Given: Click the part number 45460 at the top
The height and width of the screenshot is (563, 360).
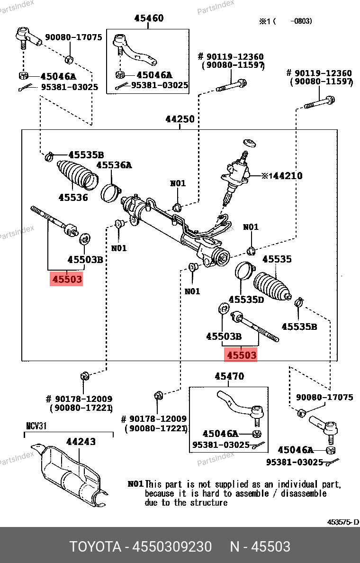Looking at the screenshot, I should coord(149,18).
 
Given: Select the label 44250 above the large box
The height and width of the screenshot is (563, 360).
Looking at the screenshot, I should coord(180,119).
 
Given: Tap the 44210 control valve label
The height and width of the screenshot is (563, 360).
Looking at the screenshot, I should coord(284,176).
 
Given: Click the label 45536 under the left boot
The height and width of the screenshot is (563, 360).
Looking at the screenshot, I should coord(73,197).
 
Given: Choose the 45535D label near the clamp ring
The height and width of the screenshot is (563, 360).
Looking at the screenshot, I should coord(246,300).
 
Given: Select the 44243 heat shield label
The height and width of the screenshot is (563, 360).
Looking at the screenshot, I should coord(81,442).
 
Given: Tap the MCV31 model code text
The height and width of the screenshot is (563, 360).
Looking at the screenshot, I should coord(36,426).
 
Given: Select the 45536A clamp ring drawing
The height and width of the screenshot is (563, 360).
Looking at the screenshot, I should coord(111,193).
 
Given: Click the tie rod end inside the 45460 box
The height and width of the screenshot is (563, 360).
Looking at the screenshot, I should coord(135,50).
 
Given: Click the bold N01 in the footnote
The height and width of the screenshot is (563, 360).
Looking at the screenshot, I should coord(135,484).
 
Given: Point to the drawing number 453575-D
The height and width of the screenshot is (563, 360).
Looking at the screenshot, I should coord(343,522).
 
